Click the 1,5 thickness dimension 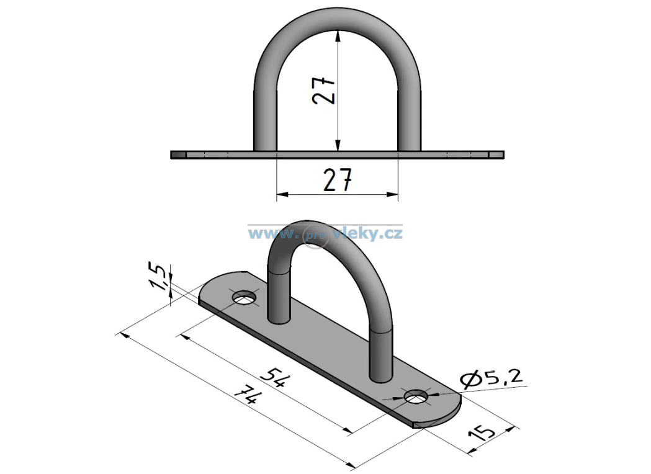coord(160,277)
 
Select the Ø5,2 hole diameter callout coord(490,378)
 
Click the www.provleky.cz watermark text coord(325,233)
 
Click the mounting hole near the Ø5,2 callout coord(416,397)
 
